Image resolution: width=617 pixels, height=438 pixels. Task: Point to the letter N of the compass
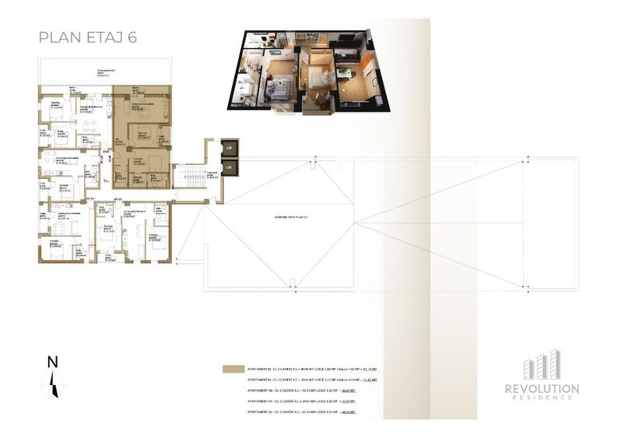coord(52,361)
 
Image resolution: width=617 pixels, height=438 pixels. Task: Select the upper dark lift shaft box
coord(230,148)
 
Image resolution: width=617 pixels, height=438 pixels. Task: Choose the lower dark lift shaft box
coord(230,166)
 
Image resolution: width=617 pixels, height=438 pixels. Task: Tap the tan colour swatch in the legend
coord(232,369)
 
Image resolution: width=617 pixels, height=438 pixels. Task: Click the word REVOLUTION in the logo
coord(542,388)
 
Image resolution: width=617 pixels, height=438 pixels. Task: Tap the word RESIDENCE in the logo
coord(542,398)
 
